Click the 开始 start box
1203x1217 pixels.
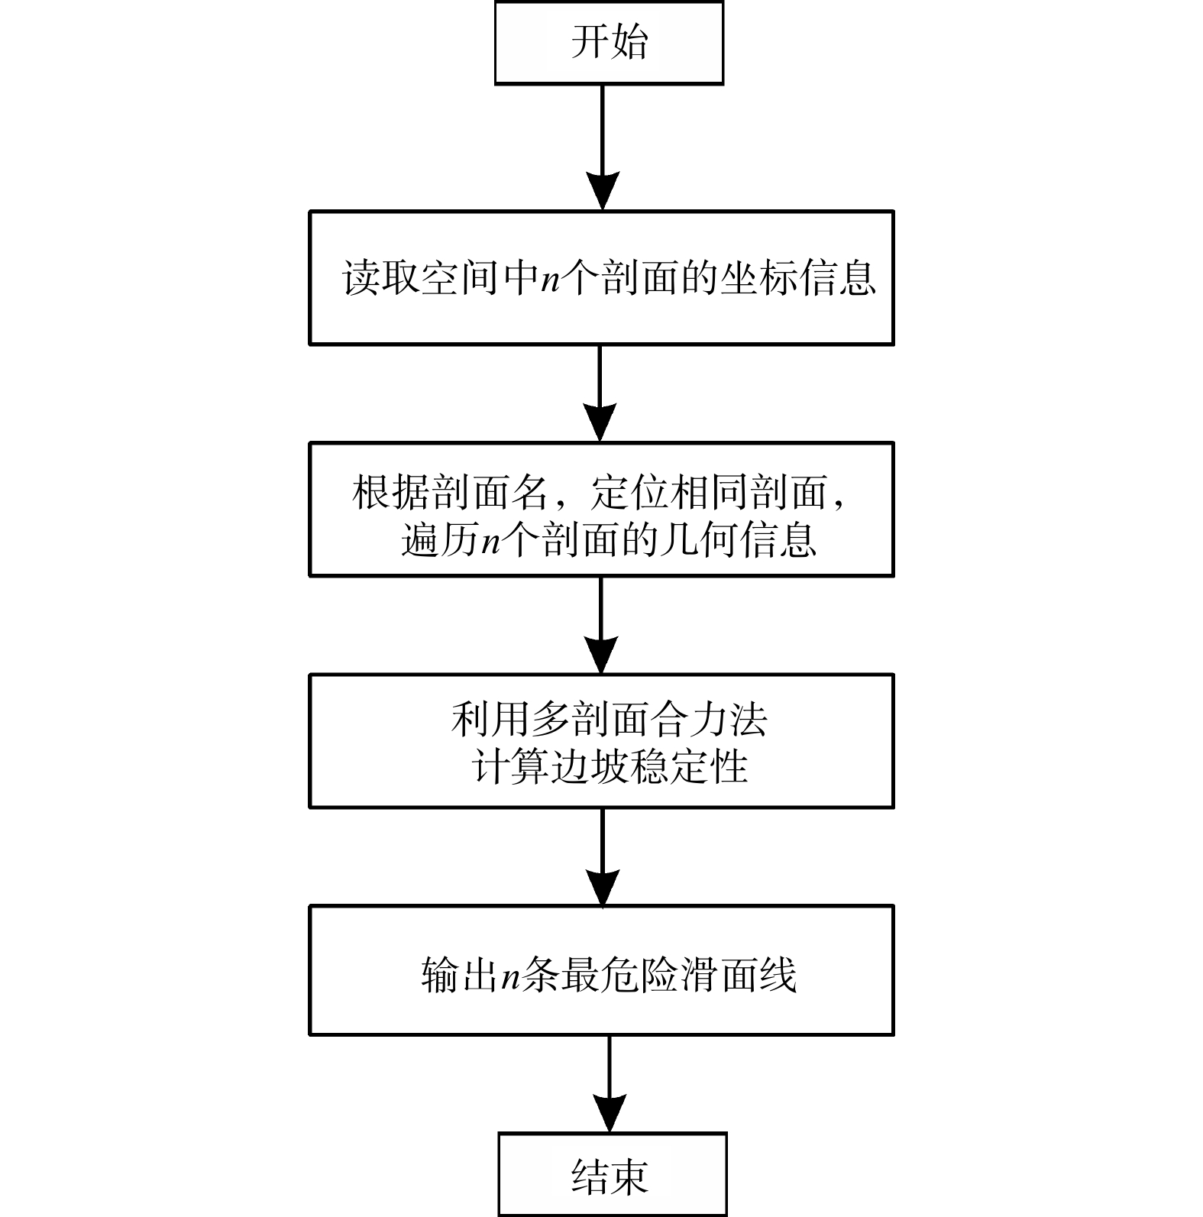click(x=609, y=42)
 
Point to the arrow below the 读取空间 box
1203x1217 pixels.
click(x=600, y=393)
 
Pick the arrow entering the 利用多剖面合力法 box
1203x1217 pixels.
click(x=601, y=625)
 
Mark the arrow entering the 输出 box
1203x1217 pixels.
click(x=603, y=856)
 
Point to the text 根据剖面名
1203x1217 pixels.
click(x=450, y=493)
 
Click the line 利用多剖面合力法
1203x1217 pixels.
click(x=609, y=719)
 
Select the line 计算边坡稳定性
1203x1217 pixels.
click(x=609, y=766)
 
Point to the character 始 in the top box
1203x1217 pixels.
click(x=629, y=42)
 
